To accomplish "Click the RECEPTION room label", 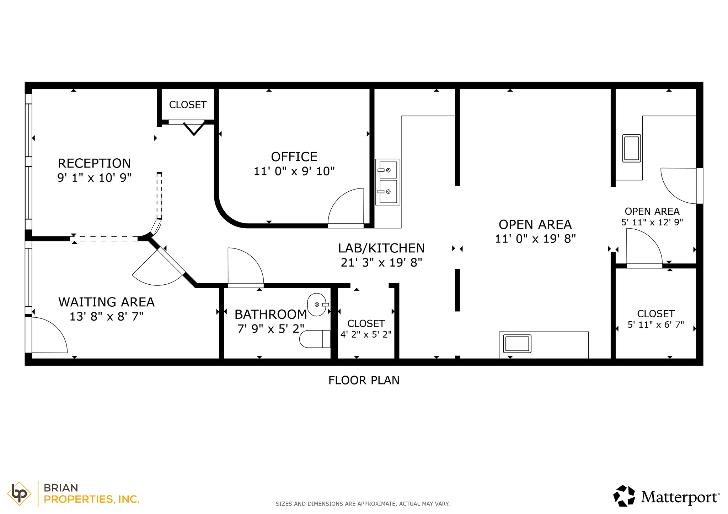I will (x=94, y=163).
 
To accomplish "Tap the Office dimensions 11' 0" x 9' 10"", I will (x=294, y=171).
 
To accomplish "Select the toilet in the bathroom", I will (x=315, y=339).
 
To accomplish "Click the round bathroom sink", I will (x=316, y=304).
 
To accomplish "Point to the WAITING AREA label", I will (x=106, y=302).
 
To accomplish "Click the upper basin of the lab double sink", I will (x=388, y=170).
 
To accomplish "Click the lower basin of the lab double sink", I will (x=388, y=192).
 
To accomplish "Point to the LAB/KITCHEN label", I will (x=381, y=248).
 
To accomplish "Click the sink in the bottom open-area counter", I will (x=518, y=344).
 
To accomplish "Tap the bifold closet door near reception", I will (x=194, y=128).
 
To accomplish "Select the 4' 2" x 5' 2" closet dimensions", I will (x=366, y=334).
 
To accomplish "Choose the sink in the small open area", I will (x=632, y=148).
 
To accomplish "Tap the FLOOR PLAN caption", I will (x=364, y=381).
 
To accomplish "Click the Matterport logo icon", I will (x=624, y=496).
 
